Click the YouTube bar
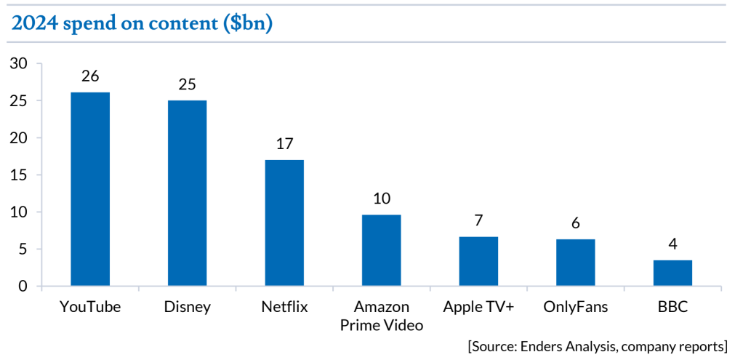click(x=90, y=189)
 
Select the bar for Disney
click(x=187, y=193)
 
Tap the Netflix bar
click(x=284, y=223)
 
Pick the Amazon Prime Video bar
click(x=382, y=250)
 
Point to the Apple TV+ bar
click(x=478, y=261)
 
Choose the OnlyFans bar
click(x=576, y=263)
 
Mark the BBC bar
click(x=672, y=273)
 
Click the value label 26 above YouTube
click(x=90, y=76)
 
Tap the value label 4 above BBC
click(x=672, y=244)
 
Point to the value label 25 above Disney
click(x=187, y=84)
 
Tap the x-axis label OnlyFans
click(x=576, y=307)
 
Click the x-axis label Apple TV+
click(x=478, y=307)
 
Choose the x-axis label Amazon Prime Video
click(x=382, y=316)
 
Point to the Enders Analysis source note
click(x=598, y=345)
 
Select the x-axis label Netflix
click(x=284, y=307)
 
